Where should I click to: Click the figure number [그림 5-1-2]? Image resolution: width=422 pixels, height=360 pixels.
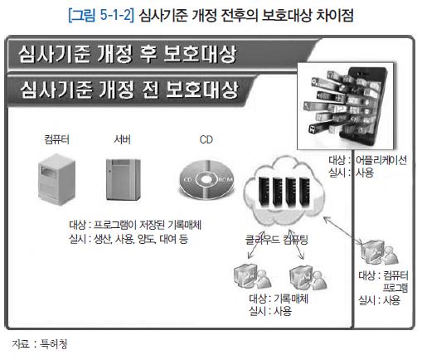[x=101, y=15]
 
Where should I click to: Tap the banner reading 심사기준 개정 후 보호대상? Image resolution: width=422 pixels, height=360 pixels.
[x=163, y=54]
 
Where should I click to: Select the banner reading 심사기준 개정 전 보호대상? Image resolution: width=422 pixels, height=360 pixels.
[x=130, y=90]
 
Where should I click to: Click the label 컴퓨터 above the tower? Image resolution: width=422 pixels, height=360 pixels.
[x=56, y=139]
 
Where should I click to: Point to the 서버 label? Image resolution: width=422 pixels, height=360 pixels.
[x=122, y=139]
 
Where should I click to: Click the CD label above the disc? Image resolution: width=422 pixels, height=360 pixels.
[x=206, y=139]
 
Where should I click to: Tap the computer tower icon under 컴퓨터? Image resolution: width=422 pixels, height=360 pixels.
[x=56, y=179]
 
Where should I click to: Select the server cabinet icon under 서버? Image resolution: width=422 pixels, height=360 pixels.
[x=124, y=179]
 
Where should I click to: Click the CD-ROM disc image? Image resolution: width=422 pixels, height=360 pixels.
[x=206, y=180]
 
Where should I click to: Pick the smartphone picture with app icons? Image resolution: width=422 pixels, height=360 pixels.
[x=346, y=106]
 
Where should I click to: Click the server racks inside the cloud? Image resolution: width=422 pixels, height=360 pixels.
[x=284, y=192]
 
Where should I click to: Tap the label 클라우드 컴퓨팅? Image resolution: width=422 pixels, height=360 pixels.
[x=276, y=240]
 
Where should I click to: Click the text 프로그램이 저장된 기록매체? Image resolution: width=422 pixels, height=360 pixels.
[x=148, y=225]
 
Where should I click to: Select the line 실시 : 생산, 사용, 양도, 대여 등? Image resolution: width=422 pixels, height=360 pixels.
[x=129, y=239]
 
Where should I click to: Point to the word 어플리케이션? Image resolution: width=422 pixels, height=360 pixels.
[x=381, y=160]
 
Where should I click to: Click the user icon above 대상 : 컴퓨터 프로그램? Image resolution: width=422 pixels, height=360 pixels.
[x=380, y=252]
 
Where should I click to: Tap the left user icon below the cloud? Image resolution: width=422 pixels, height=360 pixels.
[x=253, y=276]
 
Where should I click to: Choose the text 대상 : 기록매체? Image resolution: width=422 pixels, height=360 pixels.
[x=279, y=299]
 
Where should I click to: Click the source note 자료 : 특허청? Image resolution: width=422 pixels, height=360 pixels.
[x=40, y=344]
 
